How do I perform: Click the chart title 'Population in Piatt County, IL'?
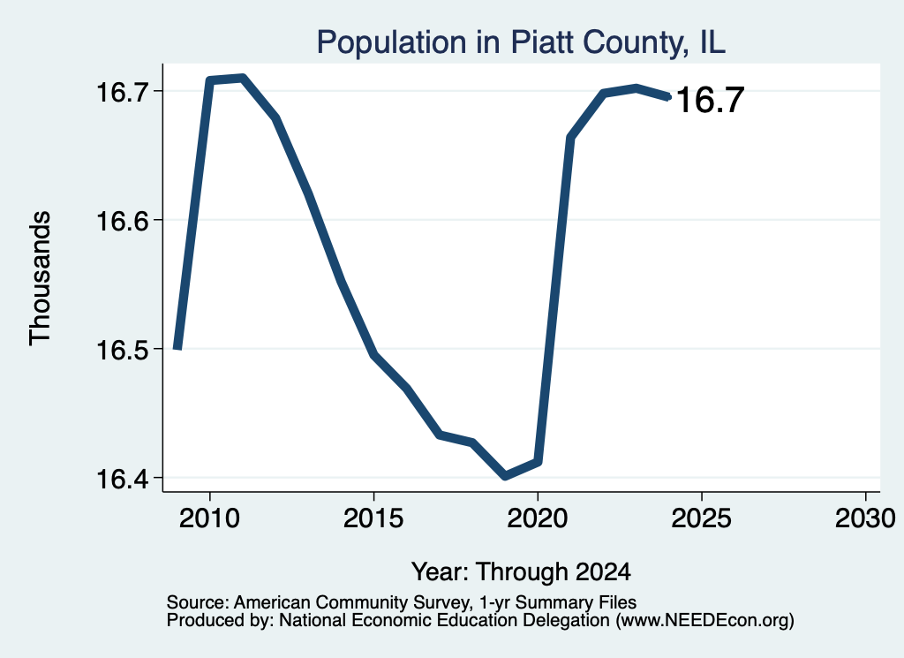click(521, 42)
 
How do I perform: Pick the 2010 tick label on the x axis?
click(209, 518)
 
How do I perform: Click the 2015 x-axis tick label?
click(373, 518)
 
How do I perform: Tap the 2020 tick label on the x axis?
click(538, 518)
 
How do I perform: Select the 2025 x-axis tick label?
click(701, 518)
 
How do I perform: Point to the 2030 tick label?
click(865, 518)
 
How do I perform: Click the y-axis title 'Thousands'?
click(41, 278)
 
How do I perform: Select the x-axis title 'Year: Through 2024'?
click(521, 572)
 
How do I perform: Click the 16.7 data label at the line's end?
click(710, 100)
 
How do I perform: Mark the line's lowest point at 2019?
click(505, 476)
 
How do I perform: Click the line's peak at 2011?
click(243, 78)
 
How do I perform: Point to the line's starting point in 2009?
click(177, 348)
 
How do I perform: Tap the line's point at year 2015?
click(373, 355)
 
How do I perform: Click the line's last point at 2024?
click(668, 96)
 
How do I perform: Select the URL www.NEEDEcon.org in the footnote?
click(704, 621)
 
